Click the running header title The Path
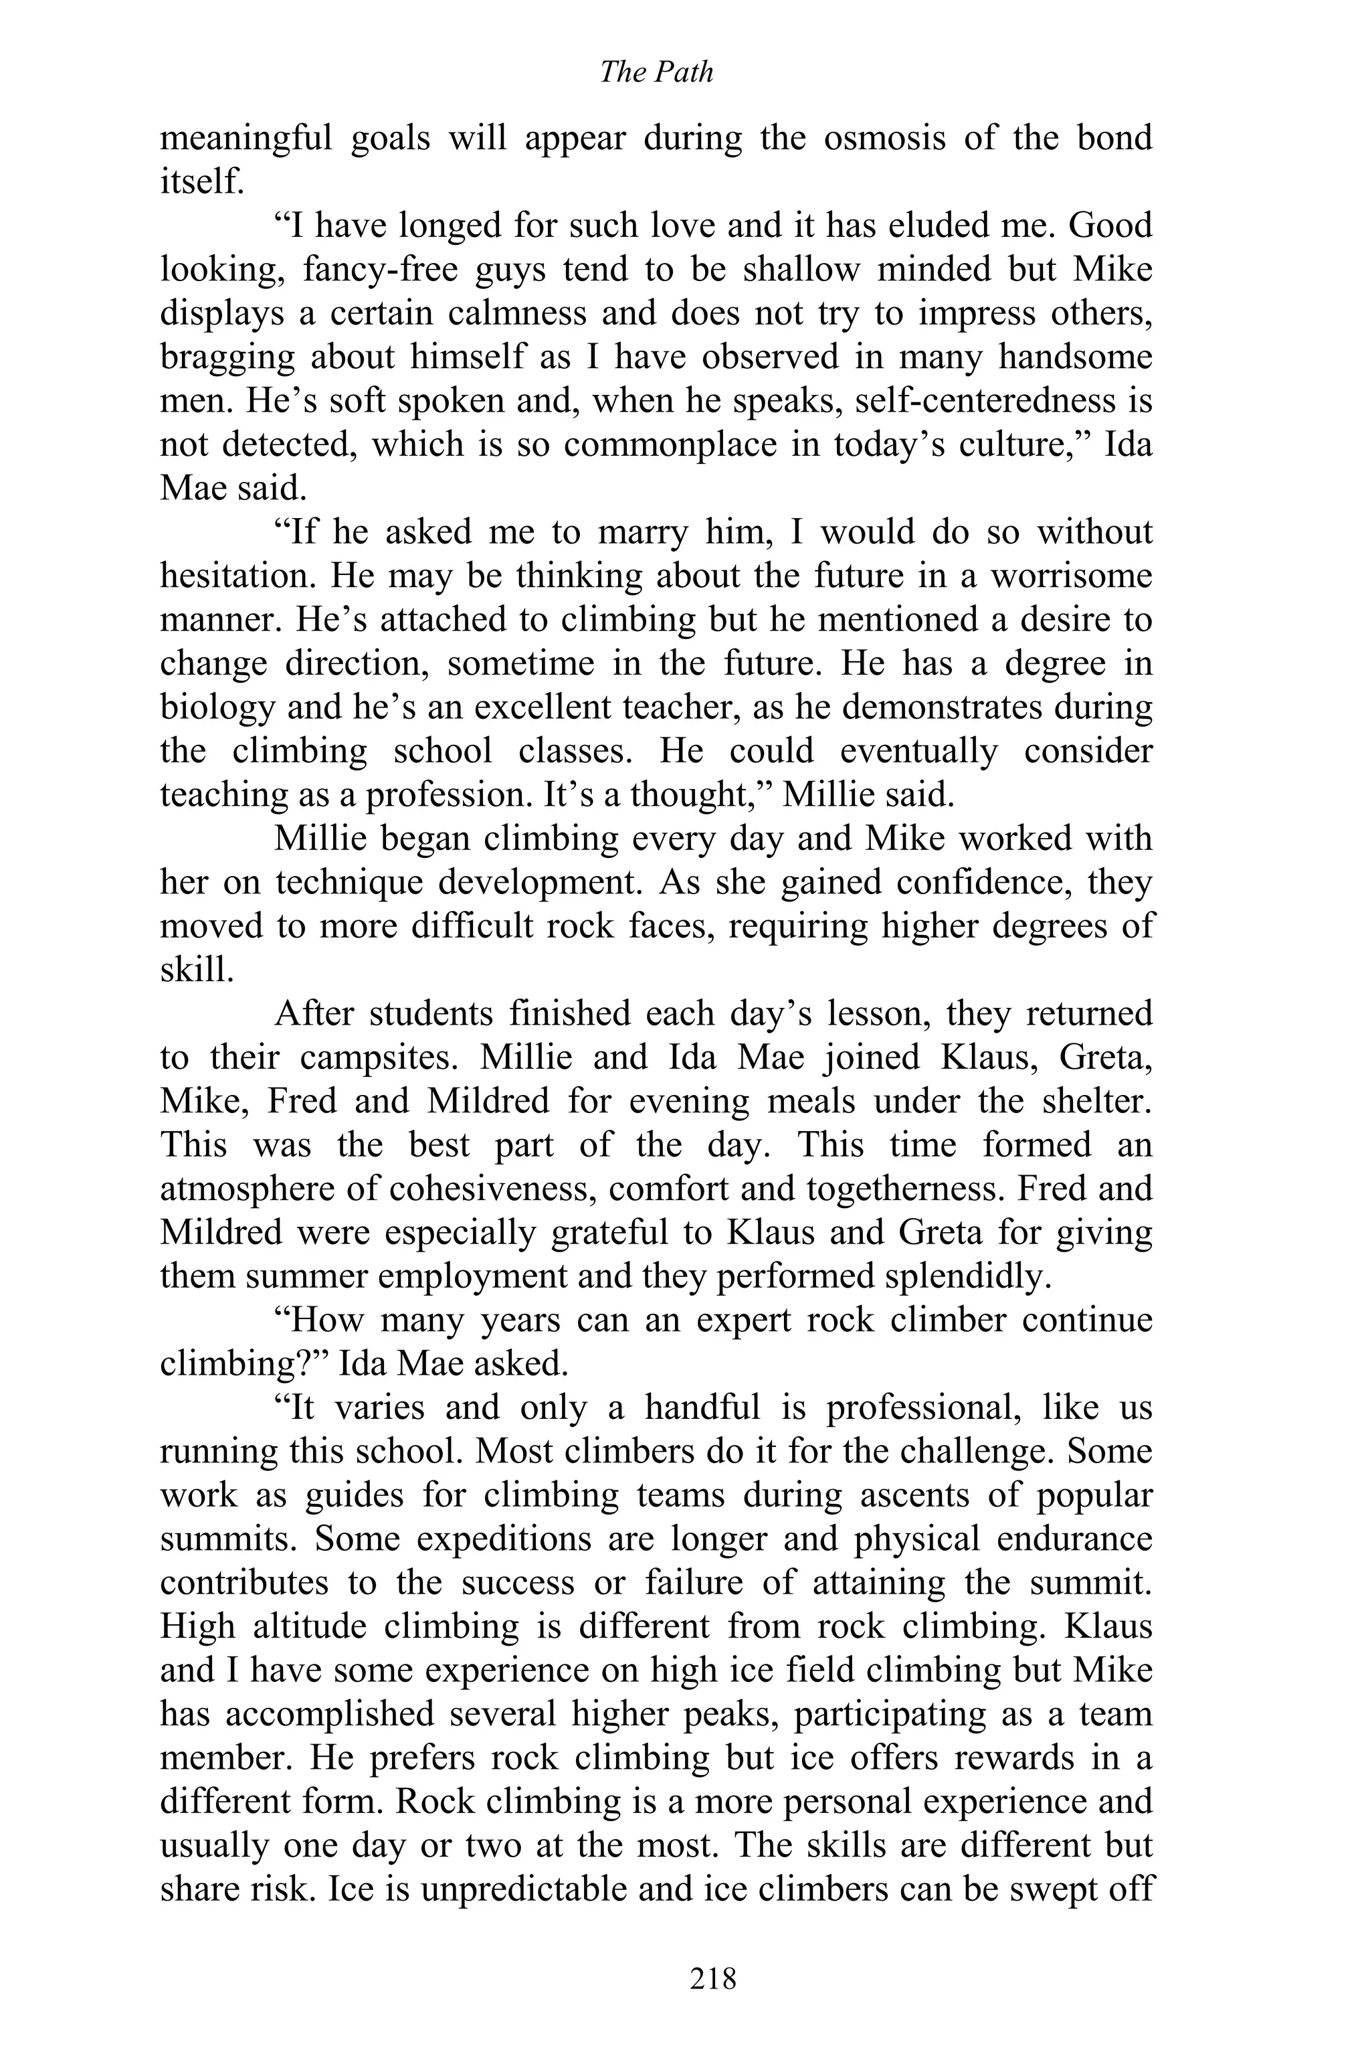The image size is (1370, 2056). tap(656, 72)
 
